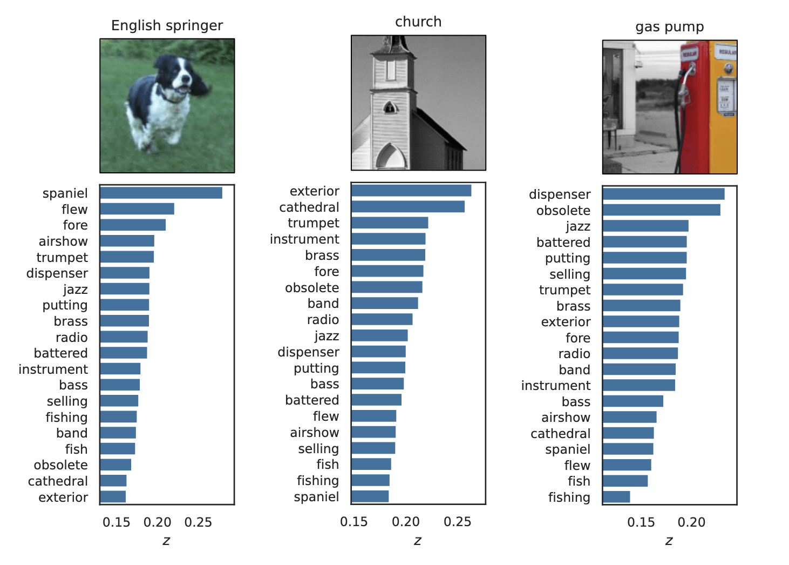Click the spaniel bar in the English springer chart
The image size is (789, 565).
click(x=161, y=193)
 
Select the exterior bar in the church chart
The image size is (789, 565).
click(x=411, y=191)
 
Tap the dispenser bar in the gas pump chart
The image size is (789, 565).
click(x=663, y=194)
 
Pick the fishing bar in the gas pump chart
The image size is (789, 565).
click(x=616, y=497)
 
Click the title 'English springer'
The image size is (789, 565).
click(x=167, y=26)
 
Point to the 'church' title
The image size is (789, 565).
click(x=418, y=22)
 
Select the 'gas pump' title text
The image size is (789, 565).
click(x=669, y=27)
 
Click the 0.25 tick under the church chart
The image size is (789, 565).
click(x=457, y=522)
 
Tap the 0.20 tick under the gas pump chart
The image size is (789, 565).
click(x=691, y=522)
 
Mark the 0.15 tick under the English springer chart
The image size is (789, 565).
click(x=117, y=522)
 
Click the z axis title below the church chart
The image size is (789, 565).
click(x=418, y=541)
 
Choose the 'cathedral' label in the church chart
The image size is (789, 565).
click(x=309, y=207)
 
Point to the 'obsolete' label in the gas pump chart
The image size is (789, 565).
click(x=563, y=211)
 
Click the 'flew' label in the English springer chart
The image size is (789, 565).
click(x=74, y=210)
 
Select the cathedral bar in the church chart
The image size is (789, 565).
click(x=407, y=207)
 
